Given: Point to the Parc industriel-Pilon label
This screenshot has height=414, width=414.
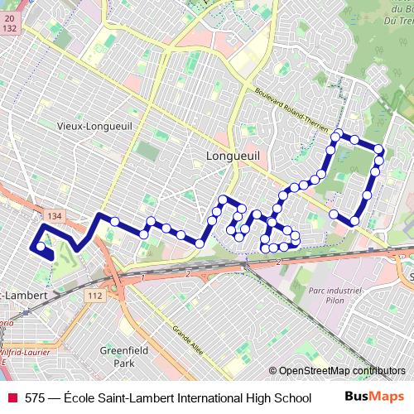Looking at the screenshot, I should click(336, 296).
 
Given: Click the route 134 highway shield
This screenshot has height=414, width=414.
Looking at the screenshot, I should click(55, 215).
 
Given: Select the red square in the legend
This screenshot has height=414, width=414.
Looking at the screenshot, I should click(12, 398).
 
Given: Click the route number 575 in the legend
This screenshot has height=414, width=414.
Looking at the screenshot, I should click(35, 398).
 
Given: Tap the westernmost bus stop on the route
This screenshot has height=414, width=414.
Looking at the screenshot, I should click(41, 246).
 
